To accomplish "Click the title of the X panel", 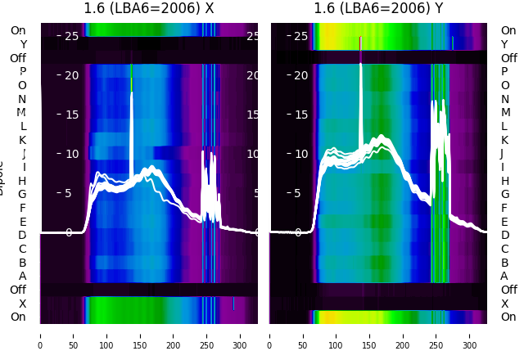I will tap(149, 9).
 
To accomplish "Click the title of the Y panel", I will tap(379, 9).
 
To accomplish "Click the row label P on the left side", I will tap(22, 72).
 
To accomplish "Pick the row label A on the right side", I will tap(504, 277).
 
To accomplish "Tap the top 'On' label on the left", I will tap(18, 31).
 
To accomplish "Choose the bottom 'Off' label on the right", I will tap(508, 290).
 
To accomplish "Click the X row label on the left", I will tap(22, 304).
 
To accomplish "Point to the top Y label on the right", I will tap(504, 45).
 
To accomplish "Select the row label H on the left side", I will tap(22, 181).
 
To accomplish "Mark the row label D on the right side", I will tap(504, 236).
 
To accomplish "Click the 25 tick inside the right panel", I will tap(300, 36).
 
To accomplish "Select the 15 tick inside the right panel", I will tap(300, 115).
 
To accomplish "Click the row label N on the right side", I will tap(504, 99).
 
